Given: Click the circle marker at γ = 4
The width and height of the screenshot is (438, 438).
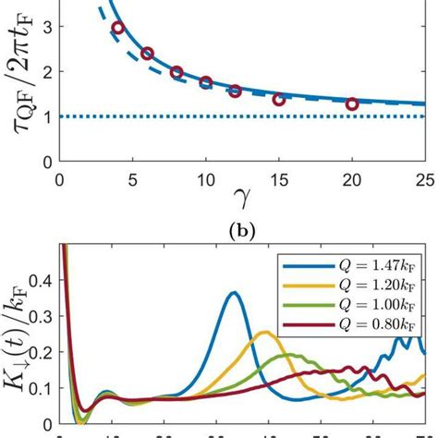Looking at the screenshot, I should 117,28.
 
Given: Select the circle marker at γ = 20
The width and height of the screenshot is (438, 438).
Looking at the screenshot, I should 352,104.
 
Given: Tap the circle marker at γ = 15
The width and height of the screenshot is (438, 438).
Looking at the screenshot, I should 279,99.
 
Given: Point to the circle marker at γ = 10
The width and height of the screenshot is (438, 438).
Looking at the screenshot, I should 206,82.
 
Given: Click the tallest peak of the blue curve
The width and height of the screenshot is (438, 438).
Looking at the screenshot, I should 234,293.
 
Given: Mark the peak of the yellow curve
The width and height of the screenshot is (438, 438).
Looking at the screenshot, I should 266,332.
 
